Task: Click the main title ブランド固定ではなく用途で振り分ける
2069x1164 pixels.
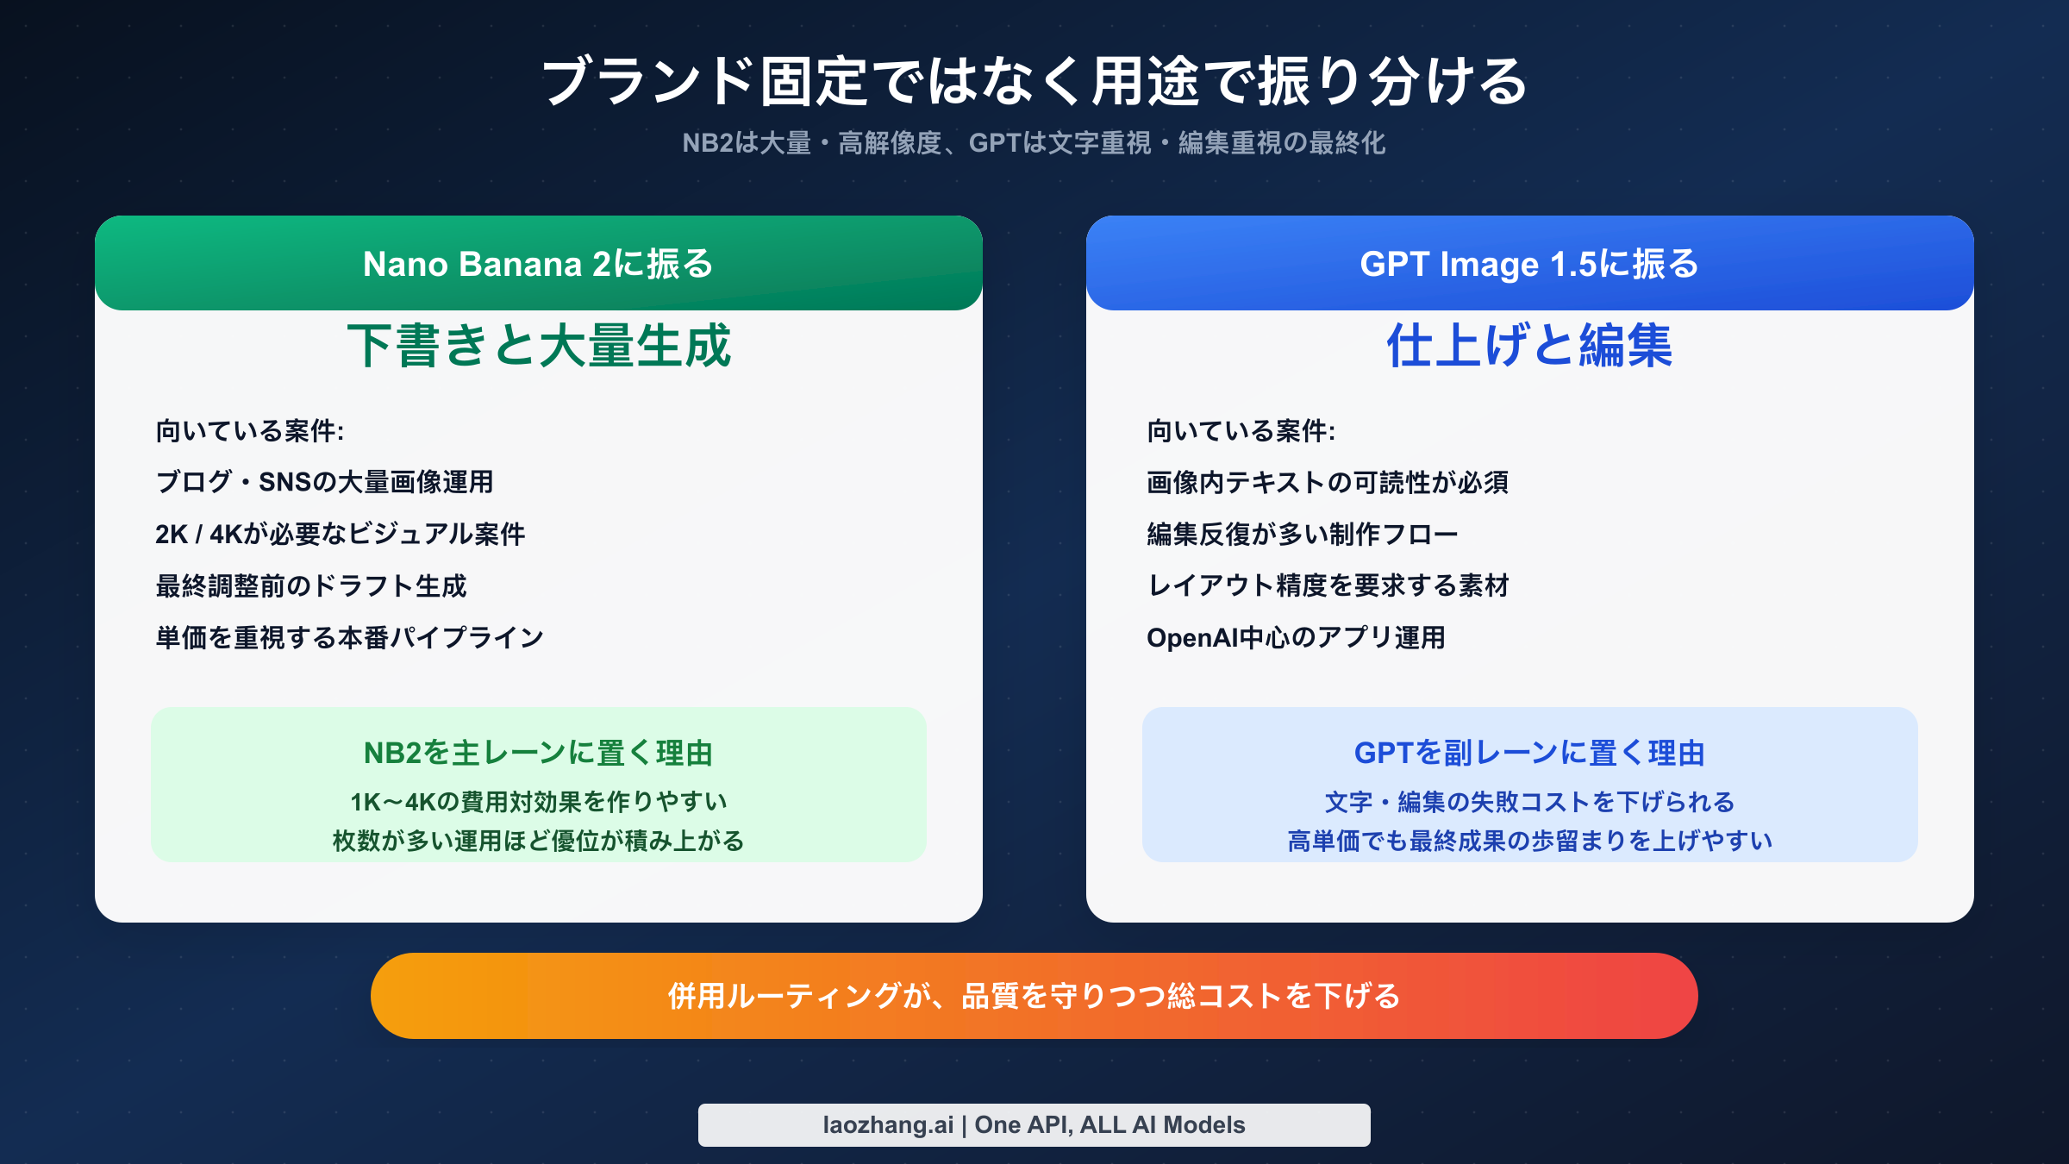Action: (x=1034, y=82)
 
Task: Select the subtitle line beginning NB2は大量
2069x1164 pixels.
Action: (x=1034, y=143)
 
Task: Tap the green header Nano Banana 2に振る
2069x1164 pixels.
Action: (x=539, y=264)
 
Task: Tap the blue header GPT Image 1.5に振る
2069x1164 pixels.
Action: (x=1529, y=264)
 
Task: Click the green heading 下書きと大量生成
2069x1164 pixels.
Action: (x=539, y=347)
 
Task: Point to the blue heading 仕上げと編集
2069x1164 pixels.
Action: (x=1529, y=347)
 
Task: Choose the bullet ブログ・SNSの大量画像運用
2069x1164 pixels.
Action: (x=324, y=482)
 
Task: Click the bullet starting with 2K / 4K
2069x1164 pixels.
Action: (x=340, y=534)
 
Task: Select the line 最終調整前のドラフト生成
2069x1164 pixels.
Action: (x=310, y=585)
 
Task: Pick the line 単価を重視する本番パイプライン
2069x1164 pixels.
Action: (x=349, y=637)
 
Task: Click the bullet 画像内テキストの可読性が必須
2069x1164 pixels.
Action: (x=1328, y=482)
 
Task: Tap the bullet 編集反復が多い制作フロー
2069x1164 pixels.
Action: (x=1302, y=534)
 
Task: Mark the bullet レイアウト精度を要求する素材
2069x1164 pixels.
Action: (x=1328, y=585)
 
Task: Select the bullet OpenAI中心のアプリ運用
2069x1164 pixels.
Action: (x=1296, y=637)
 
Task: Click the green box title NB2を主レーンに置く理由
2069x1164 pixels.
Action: (x=539, y=753)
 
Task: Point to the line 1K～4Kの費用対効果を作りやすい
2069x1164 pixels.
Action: (x=539, y=802)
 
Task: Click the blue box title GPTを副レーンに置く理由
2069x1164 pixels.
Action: (x=1529, y=753)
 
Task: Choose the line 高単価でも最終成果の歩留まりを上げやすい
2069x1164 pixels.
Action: (x=1529, y=841)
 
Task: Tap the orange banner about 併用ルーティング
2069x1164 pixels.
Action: (x=1034, y=996)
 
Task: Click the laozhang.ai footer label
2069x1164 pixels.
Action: (x=1034, y=1125)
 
